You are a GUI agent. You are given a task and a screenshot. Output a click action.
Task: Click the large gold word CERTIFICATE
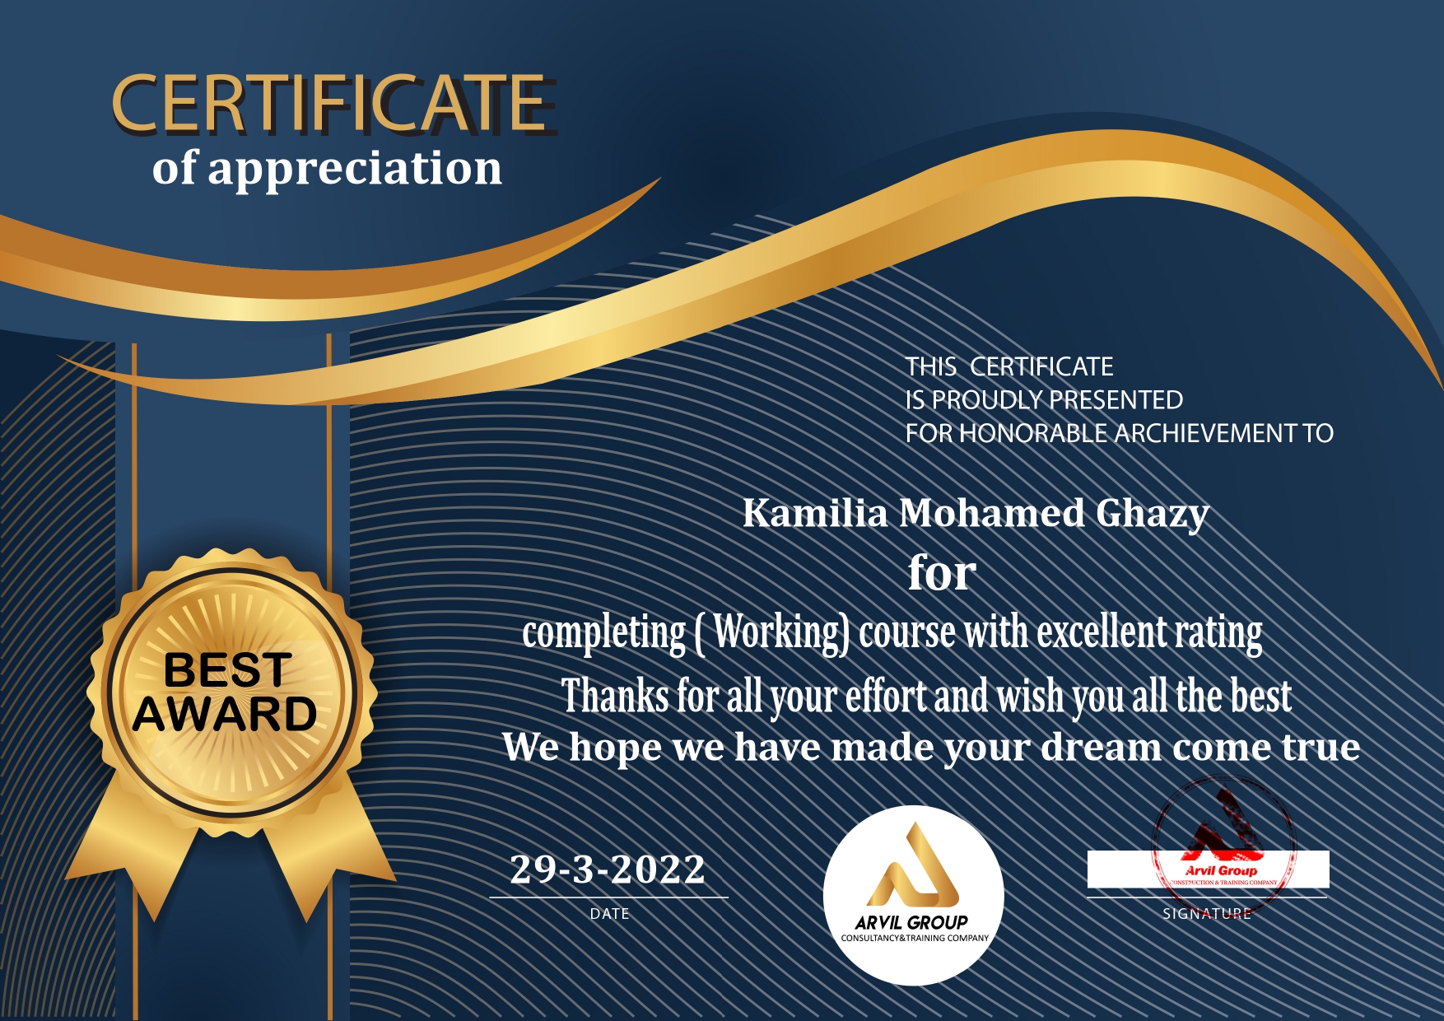(x=332, y=103)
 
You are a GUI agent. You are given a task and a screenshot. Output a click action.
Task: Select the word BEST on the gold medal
(x=228, y=669)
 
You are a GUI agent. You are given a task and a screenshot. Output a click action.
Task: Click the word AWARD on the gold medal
(x=225, y=714)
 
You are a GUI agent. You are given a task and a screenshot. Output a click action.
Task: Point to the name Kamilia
(x=815, y=513)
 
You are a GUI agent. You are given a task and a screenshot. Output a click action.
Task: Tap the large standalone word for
(x=942, y=572)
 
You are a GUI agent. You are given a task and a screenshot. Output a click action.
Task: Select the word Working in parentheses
(x=780, y=633)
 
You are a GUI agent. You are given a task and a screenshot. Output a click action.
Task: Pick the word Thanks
(x=615, y=696)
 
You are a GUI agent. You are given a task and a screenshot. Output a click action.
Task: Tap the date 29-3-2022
(x=608, y=869)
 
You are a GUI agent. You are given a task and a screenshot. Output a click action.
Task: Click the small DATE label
(x=610, y=914)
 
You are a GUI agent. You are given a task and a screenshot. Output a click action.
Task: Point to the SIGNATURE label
(x=1207, y=914)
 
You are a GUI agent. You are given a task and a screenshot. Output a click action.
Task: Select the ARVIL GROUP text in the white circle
(x=911, y=923)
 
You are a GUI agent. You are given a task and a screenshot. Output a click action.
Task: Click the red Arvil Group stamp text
(x=1222, y=870)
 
